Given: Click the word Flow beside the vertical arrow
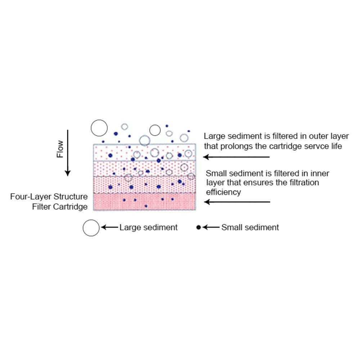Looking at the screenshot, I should (60, 149).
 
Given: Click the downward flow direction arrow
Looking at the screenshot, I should (67, 153).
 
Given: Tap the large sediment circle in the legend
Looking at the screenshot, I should (91, 228).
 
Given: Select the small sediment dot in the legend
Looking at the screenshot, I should (198, 228).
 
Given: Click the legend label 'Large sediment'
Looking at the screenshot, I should (148, 228).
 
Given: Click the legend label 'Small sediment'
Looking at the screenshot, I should (250, 228).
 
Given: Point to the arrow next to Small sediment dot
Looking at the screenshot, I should (211, 228).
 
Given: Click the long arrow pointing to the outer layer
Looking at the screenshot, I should (236, 157).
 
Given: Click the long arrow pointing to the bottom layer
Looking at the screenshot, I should (237, 202).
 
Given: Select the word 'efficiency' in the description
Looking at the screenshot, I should (223, 192).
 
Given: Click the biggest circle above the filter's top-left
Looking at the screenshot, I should (99, 128).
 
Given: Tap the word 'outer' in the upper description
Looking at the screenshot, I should (313, 136).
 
